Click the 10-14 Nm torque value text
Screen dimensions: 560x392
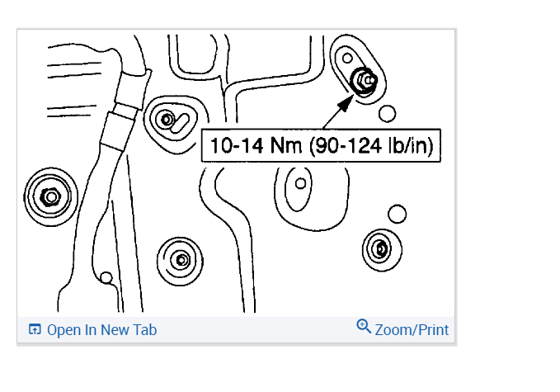coord(256,145)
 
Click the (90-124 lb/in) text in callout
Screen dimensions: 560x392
coord(372,146)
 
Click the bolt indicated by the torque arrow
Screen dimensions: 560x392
coord(364,81)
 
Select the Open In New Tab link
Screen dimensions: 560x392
coord(92,330)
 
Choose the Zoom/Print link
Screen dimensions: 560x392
coord(402,329)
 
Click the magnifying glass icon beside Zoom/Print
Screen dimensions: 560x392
coord(364,326)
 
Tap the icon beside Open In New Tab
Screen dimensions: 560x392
coord(35,329)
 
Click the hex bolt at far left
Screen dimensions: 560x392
coord(50,197)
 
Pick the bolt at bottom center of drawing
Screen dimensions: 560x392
coord(181,260)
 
